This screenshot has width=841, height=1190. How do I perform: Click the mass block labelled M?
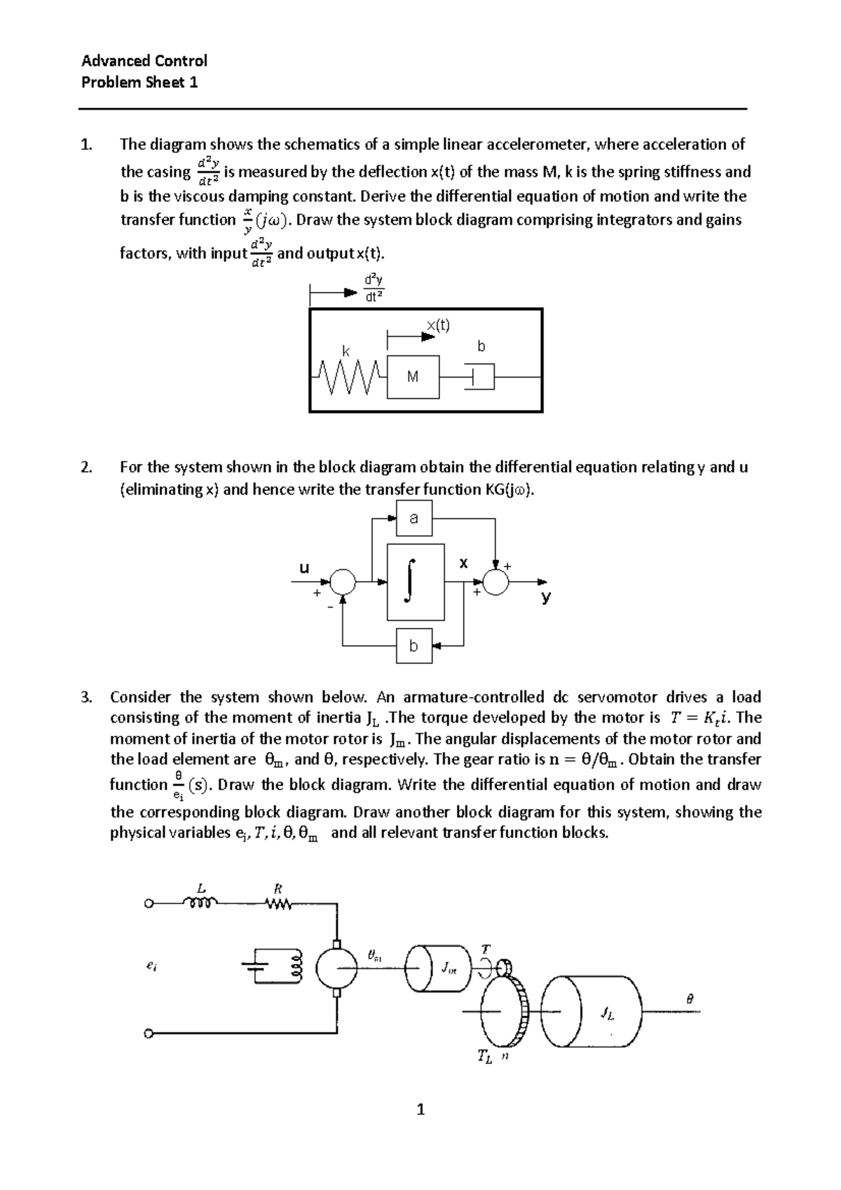coord(413,377)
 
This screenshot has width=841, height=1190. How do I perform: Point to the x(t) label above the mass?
coord(439,324)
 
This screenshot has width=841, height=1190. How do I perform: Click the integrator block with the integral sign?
coord(415,581)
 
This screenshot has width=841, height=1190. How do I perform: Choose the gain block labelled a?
coord(413,519)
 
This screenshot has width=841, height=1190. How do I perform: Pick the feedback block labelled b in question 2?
coord(413,645)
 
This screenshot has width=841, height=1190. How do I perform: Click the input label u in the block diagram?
coord(304,568)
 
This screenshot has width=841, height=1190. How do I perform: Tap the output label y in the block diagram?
coord(546,596)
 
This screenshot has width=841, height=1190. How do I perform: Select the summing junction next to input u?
coord(343,581)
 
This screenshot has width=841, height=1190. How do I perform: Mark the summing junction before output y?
coord(497,581)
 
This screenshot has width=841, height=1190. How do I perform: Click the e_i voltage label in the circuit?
coord(151,966)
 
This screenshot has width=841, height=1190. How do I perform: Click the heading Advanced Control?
coord(144,61)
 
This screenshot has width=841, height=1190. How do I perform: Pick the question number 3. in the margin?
coord(86,697)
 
